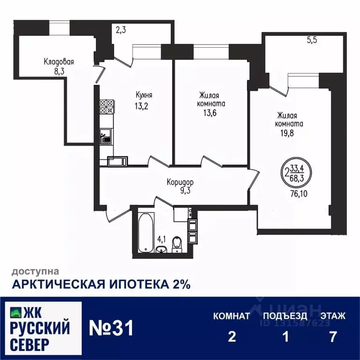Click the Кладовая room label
coord(59,61)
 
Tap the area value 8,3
coord(59,71)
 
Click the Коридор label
coord(180,182)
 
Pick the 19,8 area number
coord(289,133)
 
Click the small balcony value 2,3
coord(121,30)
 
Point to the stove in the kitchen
coord(106,106)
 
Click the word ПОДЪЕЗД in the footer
coord(285,315)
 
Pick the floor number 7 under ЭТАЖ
coord(333,337)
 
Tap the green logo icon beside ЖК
coord(15,311)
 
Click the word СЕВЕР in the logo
coord(29,345)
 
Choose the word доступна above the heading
coord(35,271)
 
